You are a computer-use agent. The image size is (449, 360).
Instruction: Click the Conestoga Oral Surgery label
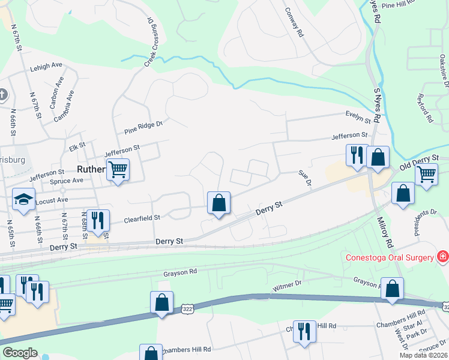pos(389,258)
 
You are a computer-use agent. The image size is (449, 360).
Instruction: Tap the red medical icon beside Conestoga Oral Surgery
pos(443,257)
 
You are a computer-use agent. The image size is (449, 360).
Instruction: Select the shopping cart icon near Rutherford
pos(118,170)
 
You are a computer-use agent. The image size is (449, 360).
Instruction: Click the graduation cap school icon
pos(24,199)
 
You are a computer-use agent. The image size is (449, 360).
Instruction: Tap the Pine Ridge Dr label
pos(143,126)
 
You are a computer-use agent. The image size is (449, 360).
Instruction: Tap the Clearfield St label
pos(142,219)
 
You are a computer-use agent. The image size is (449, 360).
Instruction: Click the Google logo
pos(20,353)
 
